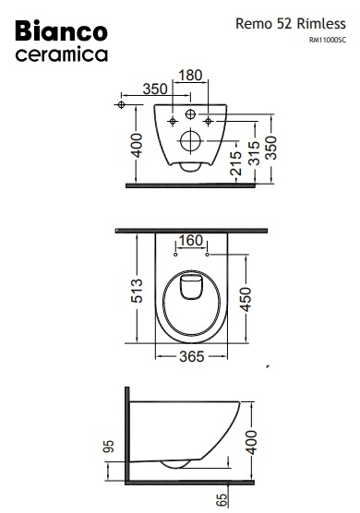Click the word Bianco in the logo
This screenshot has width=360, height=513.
click(x=62, y=31)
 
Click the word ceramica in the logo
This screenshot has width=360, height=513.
click(x=62, y=54)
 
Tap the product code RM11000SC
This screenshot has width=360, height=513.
click(x=328, y=40)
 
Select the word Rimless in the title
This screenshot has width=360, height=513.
click(x=321, y=24)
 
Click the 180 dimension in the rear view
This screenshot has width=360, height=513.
click(x=190, y=76)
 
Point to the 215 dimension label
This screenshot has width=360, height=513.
click(x=235, y=163)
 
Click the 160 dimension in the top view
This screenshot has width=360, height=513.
click(x=191, y=241)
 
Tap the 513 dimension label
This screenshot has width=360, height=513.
click(x=136, y=291)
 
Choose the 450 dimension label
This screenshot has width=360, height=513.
click(x=245, y=299)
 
